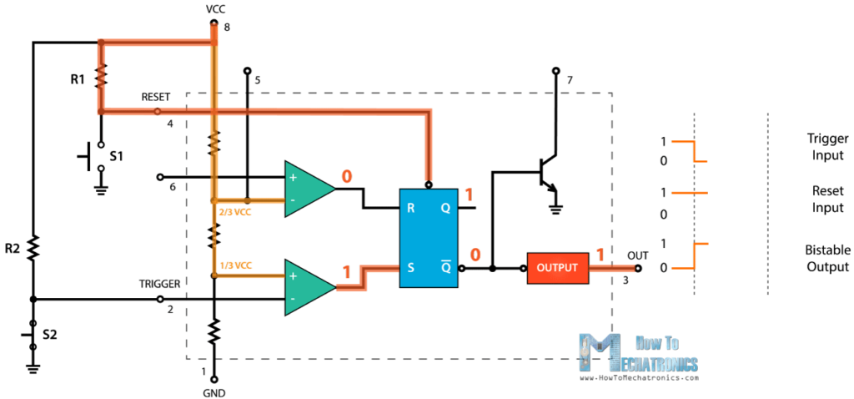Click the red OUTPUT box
coord(557,268)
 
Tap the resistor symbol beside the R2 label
coord(33,247)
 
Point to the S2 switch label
coord(51,336)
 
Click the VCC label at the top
coord(215,8)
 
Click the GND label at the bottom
coord(213,392)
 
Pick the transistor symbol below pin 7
coord(546,171)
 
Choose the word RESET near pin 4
coord(156,97)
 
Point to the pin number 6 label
coord(173,187)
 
